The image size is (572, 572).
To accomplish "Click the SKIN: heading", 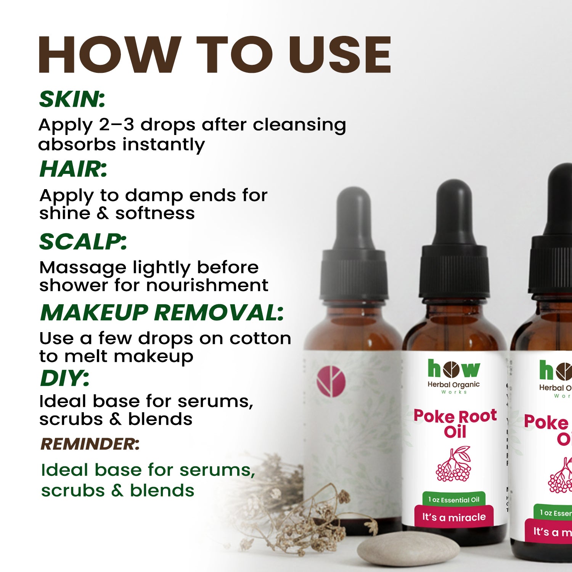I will [x=72, y=99].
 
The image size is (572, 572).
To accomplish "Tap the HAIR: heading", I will [x=73, y=169].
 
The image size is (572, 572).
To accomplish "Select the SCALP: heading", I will [x=83, y=242].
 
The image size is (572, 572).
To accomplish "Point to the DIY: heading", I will [x=64, y=378].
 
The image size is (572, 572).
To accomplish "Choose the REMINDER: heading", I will [x=90, y=444].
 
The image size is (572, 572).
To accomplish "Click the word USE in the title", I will [x=339, y=54].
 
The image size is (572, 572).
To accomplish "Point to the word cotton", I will [x=260, y=338].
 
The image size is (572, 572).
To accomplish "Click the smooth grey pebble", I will [x=408, y=549].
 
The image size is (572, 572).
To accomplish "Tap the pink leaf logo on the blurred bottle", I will [x=331, y=381].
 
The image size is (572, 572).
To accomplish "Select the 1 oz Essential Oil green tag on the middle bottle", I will [x=454, y=500].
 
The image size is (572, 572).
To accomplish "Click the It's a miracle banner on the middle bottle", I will [x=454, y=517].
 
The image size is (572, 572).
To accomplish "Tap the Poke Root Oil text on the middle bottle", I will [x=455, y=423].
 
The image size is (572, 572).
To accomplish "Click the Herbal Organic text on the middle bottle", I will [x=453, y=385].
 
